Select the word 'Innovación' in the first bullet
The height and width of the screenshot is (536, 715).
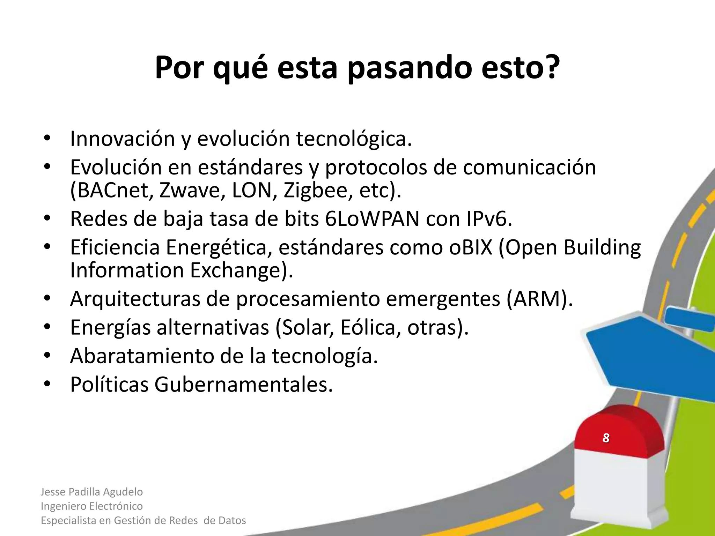tap(123, 139)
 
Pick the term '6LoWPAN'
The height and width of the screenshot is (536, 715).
tap(372, 219)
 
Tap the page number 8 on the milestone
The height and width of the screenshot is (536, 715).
tap(606, 438)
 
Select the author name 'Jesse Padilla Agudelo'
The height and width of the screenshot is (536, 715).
tap(92, 492)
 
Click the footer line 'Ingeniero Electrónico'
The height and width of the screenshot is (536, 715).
tap(92, 506)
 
